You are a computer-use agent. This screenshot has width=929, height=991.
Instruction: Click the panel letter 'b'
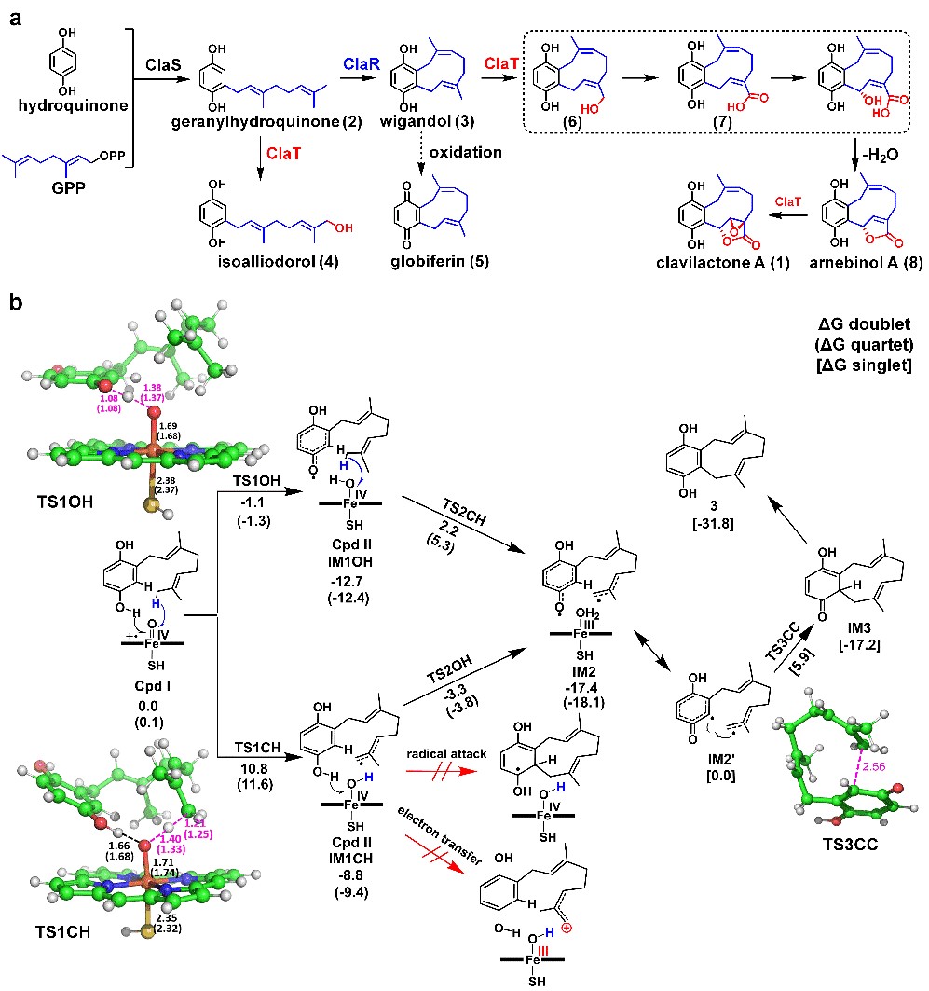coord(16,304)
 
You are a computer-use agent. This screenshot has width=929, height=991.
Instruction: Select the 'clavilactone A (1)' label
coord(721,263)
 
